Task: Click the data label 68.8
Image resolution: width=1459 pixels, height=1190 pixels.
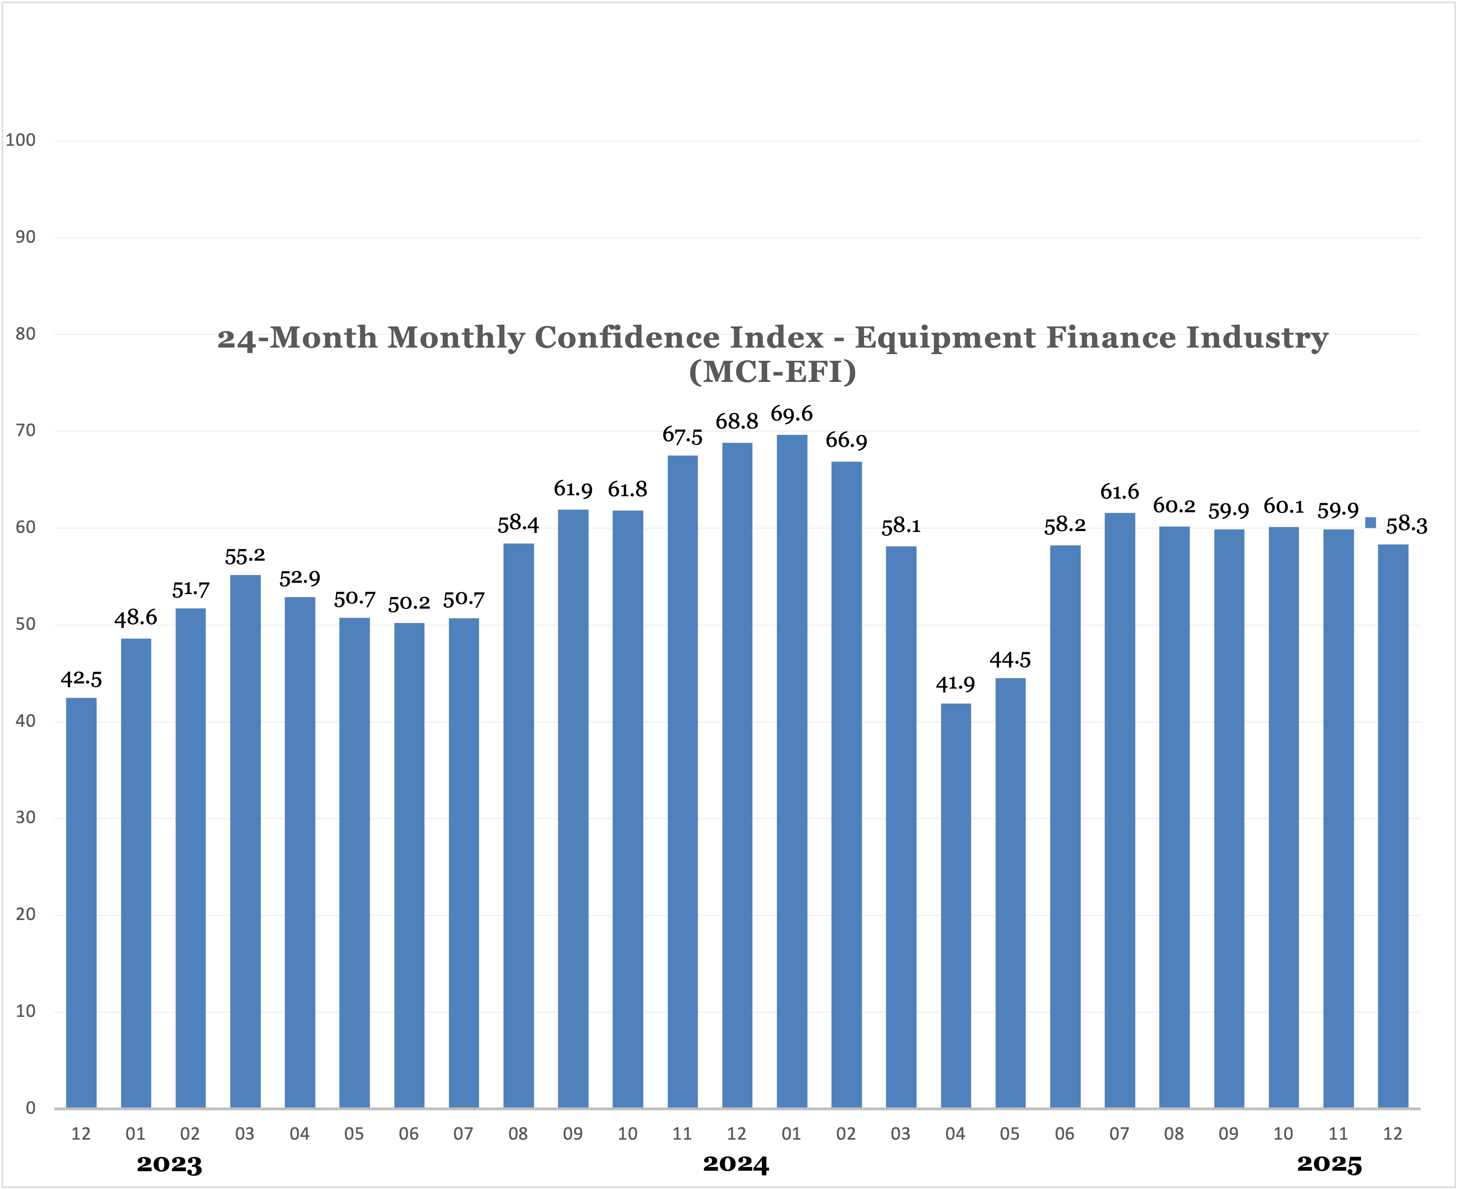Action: click(737, 421)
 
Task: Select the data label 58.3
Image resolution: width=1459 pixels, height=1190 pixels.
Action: click(1406, 525)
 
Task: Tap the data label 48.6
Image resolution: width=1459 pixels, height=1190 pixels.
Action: click(135, 618)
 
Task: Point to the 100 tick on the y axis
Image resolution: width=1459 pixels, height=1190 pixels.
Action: click(21, 141)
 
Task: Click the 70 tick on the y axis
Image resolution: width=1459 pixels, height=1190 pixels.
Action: click(25, 430)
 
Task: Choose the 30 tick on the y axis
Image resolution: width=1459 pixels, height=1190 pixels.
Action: click(25, 817)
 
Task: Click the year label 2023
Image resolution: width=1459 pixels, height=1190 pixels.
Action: click(169, 1165)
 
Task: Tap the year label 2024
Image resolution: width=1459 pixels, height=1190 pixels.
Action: click(736, 1164)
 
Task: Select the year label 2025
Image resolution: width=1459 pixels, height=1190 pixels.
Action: click(1330, 1164)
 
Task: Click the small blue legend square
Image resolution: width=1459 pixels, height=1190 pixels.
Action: click(1371, 523)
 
